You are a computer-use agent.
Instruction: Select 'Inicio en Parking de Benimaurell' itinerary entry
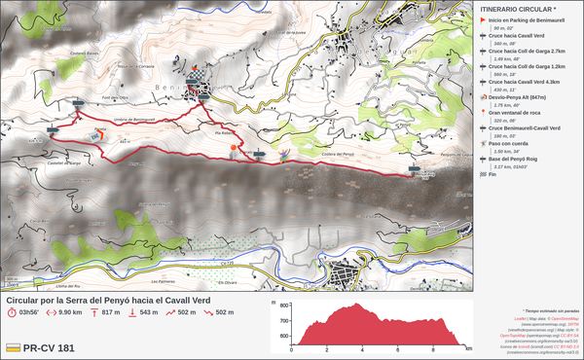coord(529,19)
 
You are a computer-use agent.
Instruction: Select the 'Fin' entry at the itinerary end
coord(493,175)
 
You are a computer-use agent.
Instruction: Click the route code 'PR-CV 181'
coord(49,347)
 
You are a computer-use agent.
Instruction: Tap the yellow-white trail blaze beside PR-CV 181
coord(14,347)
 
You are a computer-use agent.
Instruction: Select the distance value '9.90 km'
coord(69,312)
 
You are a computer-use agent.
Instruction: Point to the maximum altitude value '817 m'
coord(110,312)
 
